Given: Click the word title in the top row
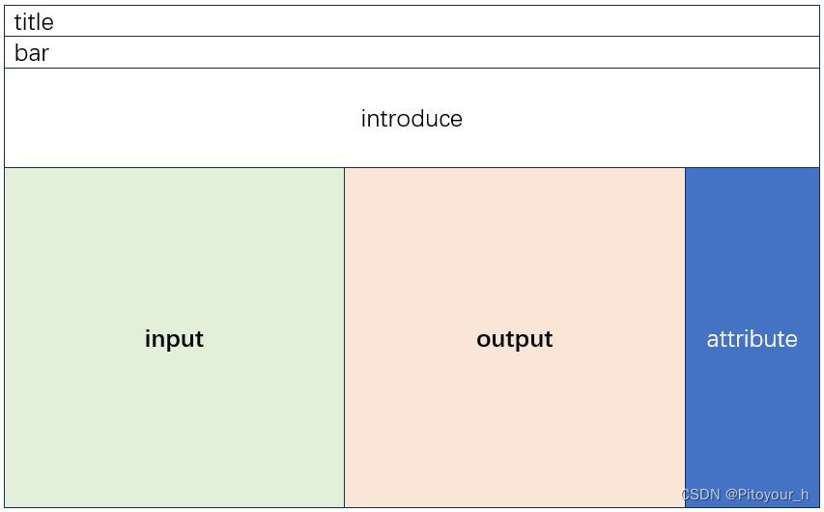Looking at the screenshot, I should [34, 22].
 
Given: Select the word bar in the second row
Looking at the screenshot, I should [31, 53].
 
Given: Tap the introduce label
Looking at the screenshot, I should [412, 119].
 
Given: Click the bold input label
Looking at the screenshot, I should [174, 339].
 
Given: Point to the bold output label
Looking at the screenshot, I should [514, 339].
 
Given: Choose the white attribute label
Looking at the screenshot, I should [752, 339].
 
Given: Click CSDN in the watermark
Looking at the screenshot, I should [700, 495].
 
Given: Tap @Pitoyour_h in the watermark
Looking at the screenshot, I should [767, 495].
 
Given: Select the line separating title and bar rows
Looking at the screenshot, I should [412, 37].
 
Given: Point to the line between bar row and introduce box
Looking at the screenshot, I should [412, 68].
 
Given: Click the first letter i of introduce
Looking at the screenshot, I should [363, 119].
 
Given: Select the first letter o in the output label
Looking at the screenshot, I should [484, 340].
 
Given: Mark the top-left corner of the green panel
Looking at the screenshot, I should [5, 168].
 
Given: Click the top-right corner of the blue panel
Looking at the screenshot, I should [818, 168].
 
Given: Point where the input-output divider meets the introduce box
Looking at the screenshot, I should [344, 167].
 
